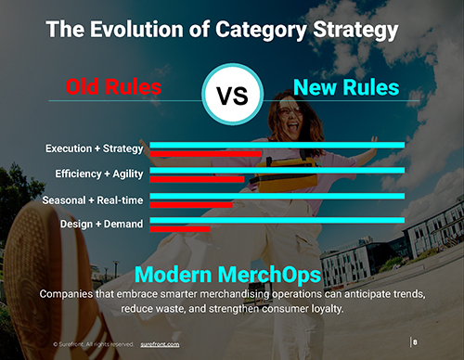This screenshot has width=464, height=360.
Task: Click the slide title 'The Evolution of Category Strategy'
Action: [223, 30]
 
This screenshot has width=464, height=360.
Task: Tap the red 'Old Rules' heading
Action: [114, 88]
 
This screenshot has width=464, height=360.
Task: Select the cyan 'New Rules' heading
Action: [346, 88]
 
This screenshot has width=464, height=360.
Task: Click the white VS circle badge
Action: [230, 95]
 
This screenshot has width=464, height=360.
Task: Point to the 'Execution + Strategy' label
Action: [94, 148]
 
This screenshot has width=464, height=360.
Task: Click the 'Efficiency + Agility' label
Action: [95, 174]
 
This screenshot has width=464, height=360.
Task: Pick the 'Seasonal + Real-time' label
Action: [93, 199]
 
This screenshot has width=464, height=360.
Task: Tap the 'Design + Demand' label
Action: [101, 224]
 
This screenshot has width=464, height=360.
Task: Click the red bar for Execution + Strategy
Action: [205, 154]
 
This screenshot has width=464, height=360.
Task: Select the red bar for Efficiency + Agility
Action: [197, 179]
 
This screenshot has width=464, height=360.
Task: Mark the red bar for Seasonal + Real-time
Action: [191, 204]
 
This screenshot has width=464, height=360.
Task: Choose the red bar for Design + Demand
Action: [180, 228]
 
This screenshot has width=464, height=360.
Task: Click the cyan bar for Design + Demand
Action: [277, 220]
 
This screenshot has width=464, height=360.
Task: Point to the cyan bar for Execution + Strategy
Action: [277, 145]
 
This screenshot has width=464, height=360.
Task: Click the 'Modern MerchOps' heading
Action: [228, 275]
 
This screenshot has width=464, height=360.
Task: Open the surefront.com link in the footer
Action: [161, 343]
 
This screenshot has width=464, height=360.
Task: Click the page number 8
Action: [415, 342]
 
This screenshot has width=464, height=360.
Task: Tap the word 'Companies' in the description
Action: [71, 293]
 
